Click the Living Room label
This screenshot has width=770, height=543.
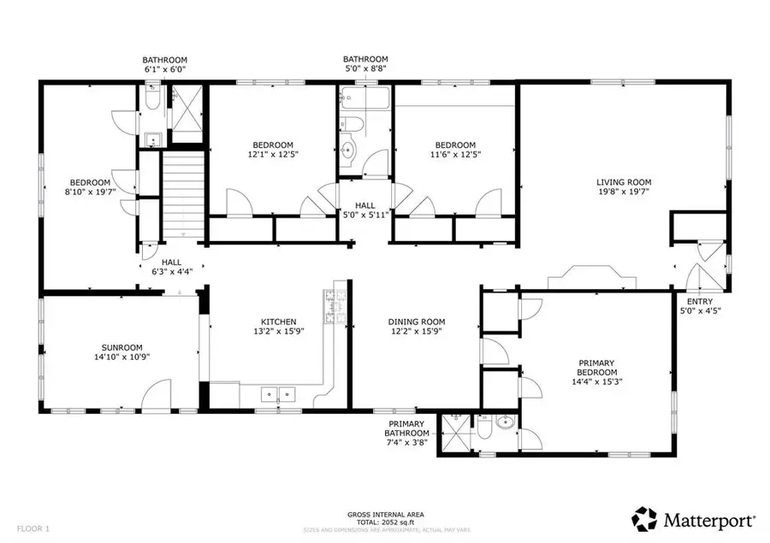click(x=624, y=182)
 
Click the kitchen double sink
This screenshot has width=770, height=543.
click(x=277, y=394)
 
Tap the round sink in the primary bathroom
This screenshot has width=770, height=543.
click(x=504, y=422)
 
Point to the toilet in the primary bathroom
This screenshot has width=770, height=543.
click(x=483, y=428)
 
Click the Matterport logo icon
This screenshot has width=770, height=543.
click(x=644, y=518)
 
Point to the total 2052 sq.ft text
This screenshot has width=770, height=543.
click(x=384, y=522)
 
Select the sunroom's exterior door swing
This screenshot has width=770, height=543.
click(x=157, y=395)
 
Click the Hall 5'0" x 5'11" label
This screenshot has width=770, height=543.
click(x=365, y=210)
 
